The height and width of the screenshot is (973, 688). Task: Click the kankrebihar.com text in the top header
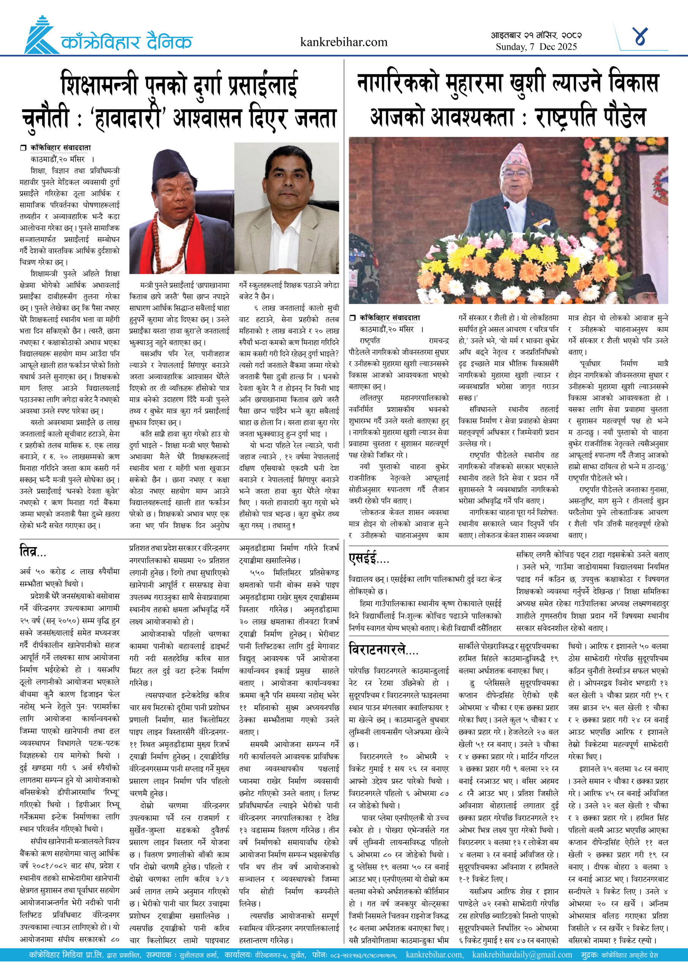coord(343,42)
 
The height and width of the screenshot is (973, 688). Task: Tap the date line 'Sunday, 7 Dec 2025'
coord(536,47)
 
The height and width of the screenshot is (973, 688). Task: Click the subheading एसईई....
coord(368,559)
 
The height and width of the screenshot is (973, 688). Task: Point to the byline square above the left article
coord(23,148)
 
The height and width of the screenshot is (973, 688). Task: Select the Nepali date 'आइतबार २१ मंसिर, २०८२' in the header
coord(536,35)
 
